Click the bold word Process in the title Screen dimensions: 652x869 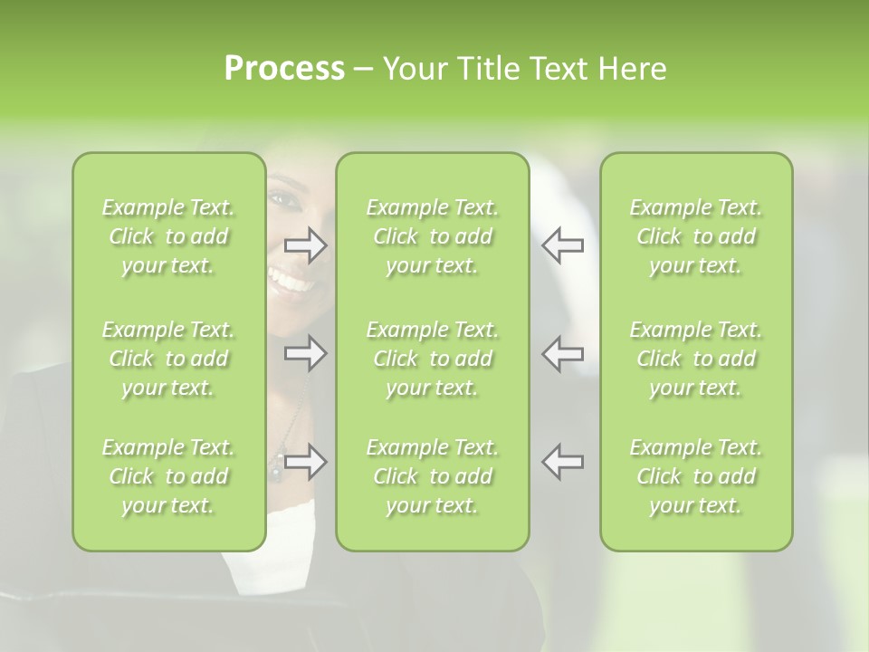pyautogui.click(x=284, y=69)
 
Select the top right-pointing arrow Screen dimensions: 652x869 pyautogui.click(x=306, y=245)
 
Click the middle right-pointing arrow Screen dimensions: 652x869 pyautogui.click(x=306, y=353)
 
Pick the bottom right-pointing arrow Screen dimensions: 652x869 pyautogui.click(x=306, y=462)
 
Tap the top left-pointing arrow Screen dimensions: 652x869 pyautogui.click(x=562, y=245)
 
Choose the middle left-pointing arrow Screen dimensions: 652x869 pyautogui.click(x=562, y=353)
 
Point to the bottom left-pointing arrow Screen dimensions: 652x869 pyautogui.click(x=562, y=462)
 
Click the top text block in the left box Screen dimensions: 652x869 pyautogui.click(x=168, y=236)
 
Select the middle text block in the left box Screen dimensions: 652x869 pyautogui.click(x=168, y=359)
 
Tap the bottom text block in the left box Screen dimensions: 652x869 pyautogui.click(x=168, y=476)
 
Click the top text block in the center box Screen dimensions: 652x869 pyautogui.click(x=432, y=236)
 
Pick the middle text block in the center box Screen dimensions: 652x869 pyautogui.click(x=432, y=359)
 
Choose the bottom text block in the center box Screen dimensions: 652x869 pyautogui.click(x=432, y=476)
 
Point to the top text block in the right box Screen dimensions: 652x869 pyautogui.click(x=696, y=236)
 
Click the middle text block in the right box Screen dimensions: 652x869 pyautogui.click(x=696, y=359)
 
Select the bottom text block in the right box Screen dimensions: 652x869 pyautogui.click(x=696, y=476)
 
